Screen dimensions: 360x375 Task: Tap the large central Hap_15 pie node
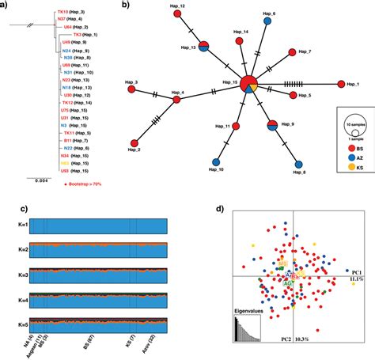coord(248,84)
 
